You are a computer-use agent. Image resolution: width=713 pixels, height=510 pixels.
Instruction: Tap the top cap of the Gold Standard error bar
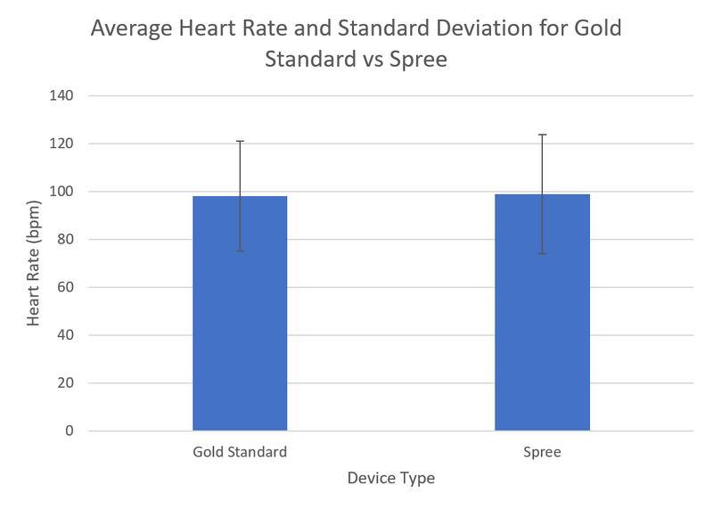240,141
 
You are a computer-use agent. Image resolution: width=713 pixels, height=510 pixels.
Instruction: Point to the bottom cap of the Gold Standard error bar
240,251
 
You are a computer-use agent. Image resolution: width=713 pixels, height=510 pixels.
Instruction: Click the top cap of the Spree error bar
542,135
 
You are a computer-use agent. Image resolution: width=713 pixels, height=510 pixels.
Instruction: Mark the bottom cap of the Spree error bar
542,254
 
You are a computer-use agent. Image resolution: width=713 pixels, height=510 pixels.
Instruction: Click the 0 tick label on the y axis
70,432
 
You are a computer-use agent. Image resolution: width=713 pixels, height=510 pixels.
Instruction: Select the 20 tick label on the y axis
66,383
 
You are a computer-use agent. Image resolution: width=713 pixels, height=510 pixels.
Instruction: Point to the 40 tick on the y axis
66,335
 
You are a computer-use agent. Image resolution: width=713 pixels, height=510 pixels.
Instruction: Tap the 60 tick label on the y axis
66,287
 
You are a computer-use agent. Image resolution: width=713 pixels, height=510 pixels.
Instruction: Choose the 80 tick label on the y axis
66,239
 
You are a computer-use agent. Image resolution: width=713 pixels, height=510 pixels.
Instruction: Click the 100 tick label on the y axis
62,192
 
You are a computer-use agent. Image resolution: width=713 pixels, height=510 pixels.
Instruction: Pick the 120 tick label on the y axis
62,144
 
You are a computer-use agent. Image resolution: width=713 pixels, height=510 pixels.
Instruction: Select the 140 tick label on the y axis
62,95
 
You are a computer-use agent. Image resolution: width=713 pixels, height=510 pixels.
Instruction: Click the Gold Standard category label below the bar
240,452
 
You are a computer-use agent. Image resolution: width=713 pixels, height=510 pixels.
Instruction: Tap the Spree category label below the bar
542,452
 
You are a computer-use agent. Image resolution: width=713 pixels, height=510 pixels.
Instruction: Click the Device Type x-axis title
391,479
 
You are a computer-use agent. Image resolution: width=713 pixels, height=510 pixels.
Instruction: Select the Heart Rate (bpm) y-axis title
34,263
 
